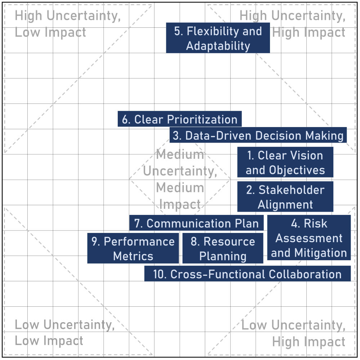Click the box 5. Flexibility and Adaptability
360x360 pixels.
pos(218,38)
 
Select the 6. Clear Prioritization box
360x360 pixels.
pos(180,119)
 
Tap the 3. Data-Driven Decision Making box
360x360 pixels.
pos(258,135)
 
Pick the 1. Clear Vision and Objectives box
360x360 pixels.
pos(285,162)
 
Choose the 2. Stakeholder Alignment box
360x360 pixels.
pos(285,197)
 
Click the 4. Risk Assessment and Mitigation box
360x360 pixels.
pos(309,238)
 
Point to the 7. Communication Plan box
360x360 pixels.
pos(196,223)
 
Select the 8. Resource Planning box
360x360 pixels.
pos(223,248)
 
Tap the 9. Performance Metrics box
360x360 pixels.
pos(133,248)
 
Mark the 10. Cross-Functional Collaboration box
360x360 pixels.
pos(248,274)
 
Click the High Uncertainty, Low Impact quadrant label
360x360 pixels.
pos(68,24)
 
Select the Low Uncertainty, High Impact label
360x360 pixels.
pos(293,333)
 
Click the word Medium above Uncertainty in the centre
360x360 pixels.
pos(180,154)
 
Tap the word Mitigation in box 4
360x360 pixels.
pos(320,253)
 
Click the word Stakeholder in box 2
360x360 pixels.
pos(292,190)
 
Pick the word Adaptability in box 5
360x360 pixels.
pos(218,46)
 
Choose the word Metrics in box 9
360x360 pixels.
pos(133,256)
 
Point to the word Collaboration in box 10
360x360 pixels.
pos(305,274)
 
